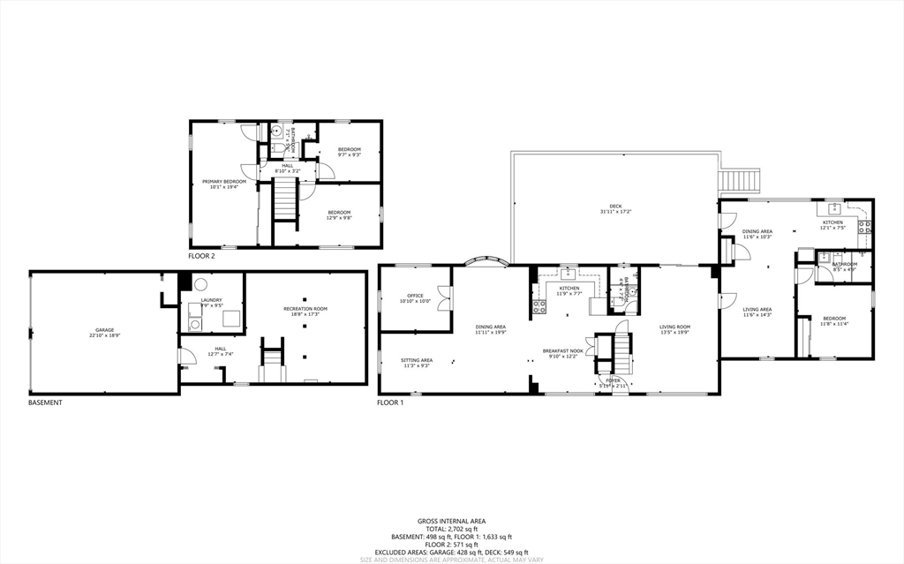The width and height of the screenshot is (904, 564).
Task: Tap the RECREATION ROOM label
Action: [305, 309]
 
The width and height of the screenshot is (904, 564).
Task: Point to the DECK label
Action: [615, 207]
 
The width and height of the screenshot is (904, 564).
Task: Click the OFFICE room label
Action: [416, 296]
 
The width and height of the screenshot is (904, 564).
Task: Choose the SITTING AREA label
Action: [416, 360]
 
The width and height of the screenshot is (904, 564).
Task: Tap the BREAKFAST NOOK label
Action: [562, 350]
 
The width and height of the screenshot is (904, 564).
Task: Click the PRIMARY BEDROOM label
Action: [223, 182]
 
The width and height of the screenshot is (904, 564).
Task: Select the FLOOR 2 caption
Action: [201, 256]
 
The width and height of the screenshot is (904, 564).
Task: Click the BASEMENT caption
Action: [45, 402]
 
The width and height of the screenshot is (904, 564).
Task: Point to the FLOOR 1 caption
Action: [390, 402]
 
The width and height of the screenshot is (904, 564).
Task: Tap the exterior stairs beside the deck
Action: [740, 181]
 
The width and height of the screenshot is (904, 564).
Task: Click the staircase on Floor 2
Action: [285, 199]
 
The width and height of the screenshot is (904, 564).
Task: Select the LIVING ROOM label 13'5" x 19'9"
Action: [675, 327]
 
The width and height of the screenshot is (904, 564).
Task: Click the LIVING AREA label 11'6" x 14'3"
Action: [757, 310]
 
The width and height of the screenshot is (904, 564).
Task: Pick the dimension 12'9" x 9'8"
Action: [340, 217]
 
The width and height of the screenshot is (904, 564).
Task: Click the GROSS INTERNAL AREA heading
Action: [451, 521]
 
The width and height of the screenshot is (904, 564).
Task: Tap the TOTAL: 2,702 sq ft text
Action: [451, 529]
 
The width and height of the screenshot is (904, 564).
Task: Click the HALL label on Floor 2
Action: [287, 165]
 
